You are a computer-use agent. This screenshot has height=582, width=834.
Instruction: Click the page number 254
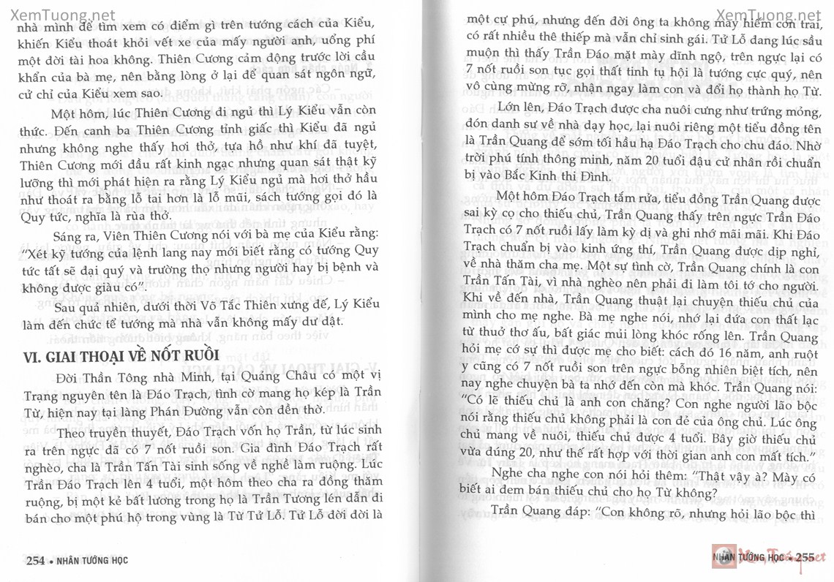[x=37, y=561]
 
